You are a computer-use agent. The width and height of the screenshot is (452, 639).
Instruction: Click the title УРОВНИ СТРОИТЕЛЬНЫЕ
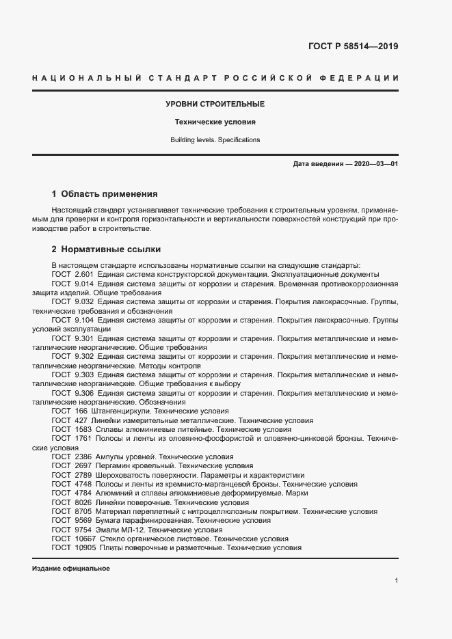coord(215,105)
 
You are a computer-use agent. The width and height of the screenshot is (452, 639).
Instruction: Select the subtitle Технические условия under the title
coord(215,122)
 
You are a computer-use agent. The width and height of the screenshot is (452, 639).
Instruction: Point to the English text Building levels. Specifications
coord(215,140)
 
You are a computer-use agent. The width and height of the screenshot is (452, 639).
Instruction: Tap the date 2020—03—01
coord(374,165)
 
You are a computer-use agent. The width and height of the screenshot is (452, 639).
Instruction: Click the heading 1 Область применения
coord(105,194)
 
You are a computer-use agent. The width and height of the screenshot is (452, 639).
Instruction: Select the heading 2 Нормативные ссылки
coord(106,249)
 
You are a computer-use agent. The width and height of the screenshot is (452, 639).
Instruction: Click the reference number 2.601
coord(83,273)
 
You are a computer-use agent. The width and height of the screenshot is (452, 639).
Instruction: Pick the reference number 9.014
coord(83,282)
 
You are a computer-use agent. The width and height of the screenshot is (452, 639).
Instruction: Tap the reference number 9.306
coord(83,393)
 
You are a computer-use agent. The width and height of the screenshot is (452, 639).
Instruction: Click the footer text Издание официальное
coord(71,569)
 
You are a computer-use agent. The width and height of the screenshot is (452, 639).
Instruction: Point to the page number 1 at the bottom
coord(397,581)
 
